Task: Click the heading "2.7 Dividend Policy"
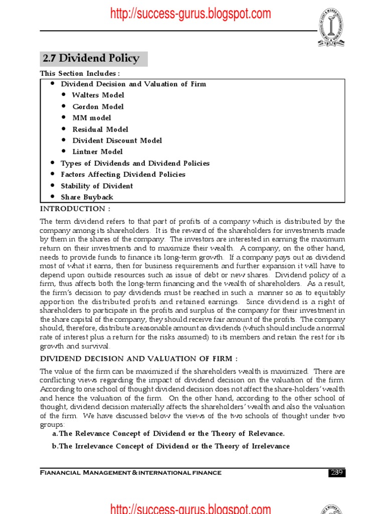pyautogui.click(x=91, y=59)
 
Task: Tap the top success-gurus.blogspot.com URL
pyautogui.click(x=190, y=14)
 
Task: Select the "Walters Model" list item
pyautogui.click(x=98, y=95)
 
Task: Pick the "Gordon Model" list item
pyautogui.click(x=98, y=106)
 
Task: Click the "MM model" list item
pyautogui.click(x=92, y=118)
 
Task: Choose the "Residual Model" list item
pyautogui.click(x=100, y=129)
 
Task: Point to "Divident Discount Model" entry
pyautogui.click(x=117, y=141)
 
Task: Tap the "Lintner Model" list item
pyautogui.click(x=97, y=152)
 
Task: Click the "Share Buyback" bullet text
pyautogui.click(x=87, y=197)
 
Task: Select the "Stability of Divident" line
pyautogui.click(x=97, y=186)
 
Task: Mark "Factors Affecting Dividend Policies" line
pyautogui.click(x=123, y=174)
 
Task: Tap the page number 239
pyautogui.click(x=337, y=472)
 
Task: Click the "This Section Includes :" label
pyautogui.click(x=80, y=74)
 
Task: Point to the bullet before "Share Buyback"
pyautogui.click(x=53, y=197)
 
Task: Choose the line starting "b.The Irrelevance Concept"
pyautogui.click(x=171, y=446)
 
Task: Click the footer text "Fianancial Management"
pyautogui.click(x=130, y=473)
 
